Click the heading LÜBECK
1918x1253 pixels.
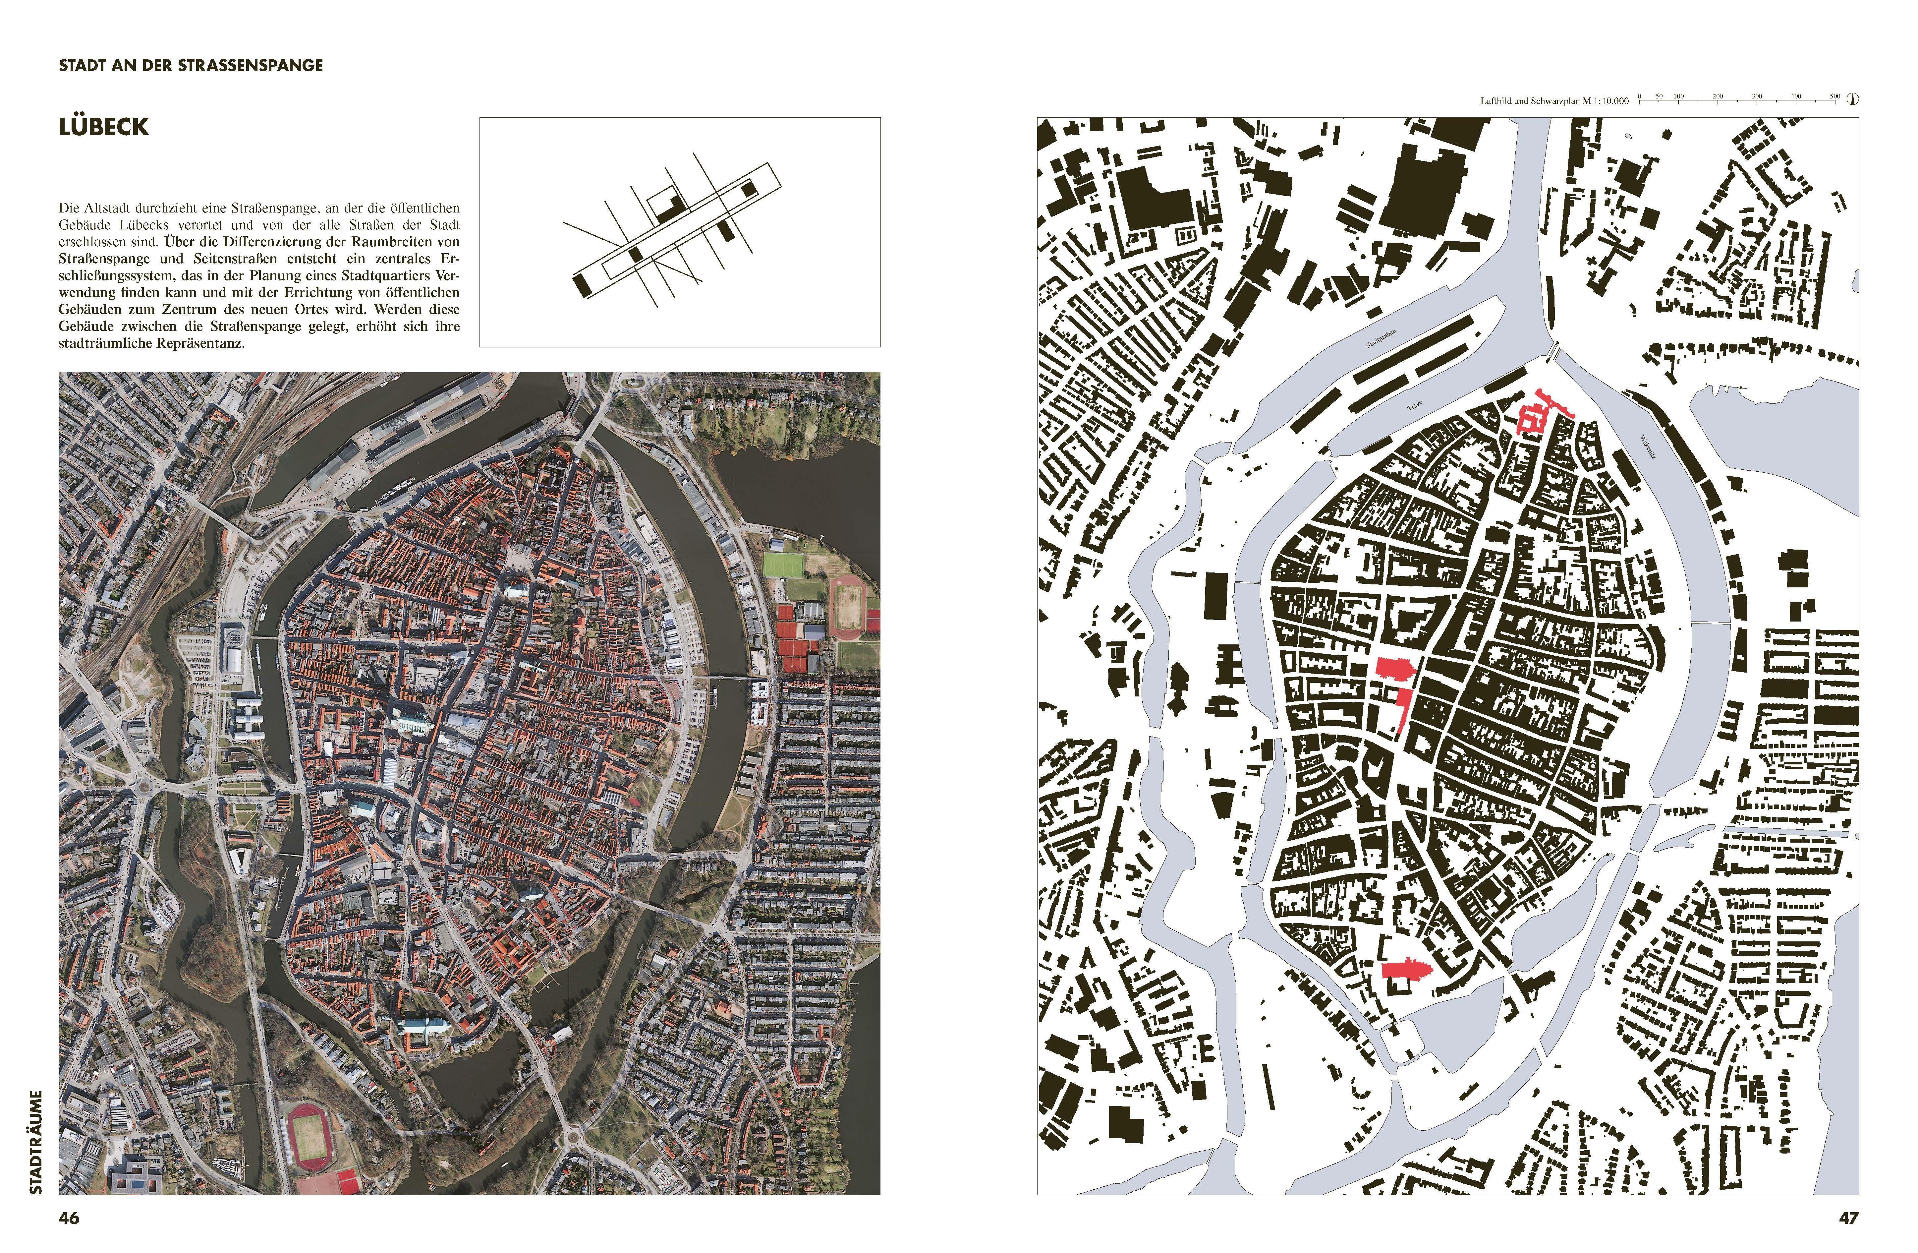(x=104, y=127)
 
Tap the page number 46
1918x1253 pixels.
(x=69, y=1218)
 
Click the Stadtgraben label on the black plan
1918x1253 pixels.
(x=1381, y=338)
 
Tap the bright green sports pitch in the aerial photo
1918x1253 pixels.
(x=783, y=564)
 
